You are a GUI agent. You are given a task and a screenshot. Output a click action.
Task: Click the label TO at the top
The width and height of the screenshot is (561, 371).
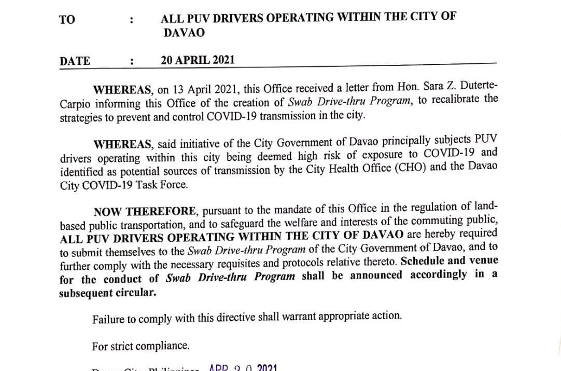click(67, 20)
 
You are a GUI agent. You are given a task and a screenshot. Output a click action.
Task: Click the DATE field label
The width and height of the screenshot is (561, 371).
click(75, 61)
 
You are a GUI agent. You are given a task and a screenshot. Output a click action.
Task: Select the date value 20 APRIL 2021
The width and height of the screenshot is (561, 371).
click(198, 60)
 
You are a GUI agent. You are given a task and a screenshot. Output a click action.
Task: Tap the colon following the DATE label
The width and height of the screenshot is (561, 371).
click(133, 61)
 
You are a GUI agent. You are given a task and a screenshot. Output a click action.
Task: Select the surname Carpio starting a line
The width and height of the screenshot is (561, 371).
click(76, 101)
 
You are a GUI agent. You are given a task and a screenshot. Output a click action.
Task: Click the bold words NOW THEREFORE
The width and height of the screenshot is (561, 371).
click(145, 211)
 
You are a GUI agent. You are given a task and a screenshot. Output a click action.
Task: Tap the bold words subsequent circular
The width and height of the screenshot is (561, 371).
click(108, 292)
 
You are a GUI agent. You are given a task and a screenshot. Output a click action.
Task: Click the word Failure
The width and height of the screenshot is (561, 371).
click(109, 318)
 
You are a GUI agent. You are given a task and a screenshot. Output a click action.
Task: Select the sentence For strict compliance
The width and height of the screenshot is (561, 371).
click(141, 346)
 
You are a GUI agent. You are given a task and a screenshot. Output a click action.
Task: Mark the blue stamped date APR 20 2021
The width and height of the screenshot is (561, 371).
click(243, 368)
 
